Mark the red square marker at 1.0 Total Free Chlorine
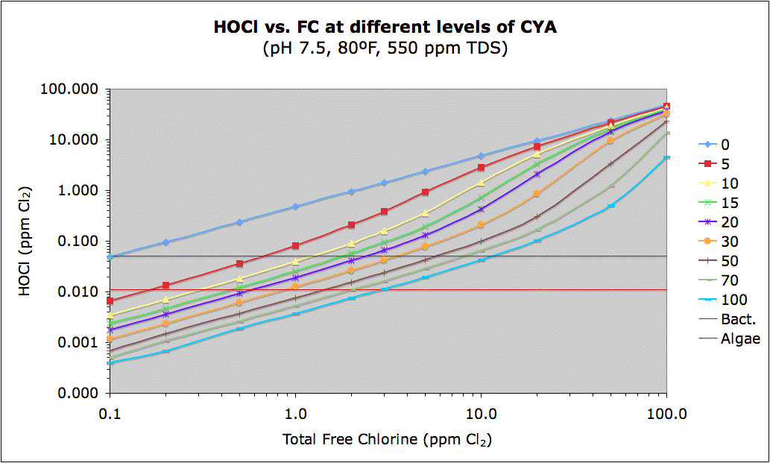point(296,245)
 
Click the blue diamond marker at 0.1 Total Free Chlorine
point(110,256)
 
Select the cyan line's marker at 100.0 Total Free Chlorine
point(666,157)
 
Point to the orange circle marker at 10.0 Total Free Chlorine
point(481,224)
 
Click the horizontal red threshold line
point(388,289)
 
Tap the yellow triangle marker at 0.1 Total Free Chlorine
point(110,315)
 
